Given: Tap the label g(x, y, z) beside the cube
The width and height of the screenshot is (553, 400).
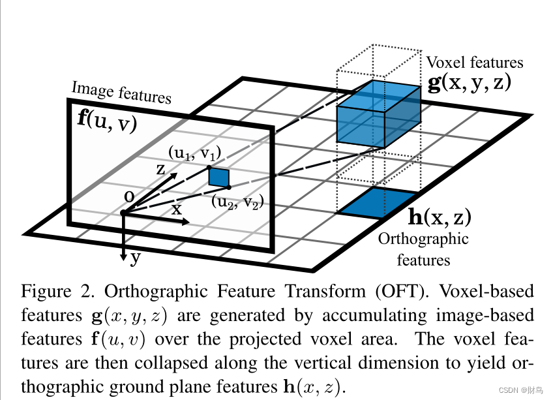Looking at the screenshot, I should (x=468, y=84).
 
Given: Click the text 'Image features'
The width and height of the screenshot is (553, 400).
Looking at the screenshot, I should (x=121, y=93).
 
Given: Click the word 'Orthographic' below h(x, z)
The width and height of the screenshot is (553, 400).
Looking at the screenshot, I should (x=423, y=239).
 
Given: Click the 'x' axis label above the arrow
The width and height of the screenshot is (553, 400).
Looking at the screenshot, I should (x=177, y=209).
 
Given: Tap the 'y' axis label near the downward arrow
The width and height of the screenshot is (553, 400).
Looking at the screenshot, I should (x=135, y=256).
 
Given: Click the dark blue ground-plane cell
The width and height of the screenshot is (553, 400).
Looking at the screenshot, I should (x=376, y=202).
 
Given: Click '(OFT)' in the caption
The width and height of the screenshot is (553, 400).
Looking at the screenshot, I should (x=374, y=290).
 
